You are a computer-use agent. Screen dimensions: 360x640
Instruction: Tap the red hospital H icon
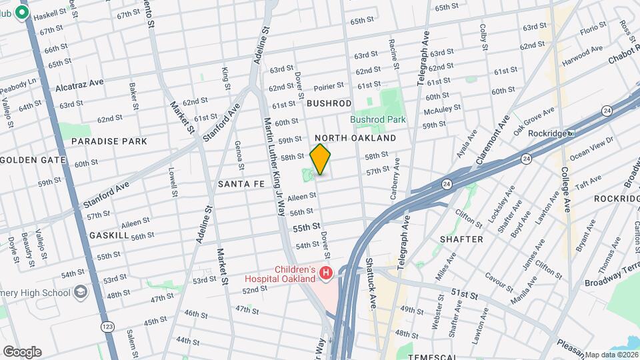click(x=326, y=273)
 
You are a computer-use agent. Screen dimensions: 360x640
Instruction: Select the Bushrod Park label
click(x=378, y=119)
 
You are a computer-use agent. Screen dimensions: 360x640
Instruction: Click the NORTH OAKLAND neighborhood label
click(x=355, y=138)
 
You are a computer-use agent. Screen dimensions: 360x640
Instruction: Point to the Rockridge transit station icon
click(x=571, y=133)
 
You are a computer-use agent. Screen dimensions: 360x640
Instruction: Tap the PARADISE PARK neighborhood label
click(x=109, y=141)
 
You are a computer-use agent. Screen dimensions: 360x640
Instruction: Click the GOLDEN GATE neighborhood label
click(x=33, y=160)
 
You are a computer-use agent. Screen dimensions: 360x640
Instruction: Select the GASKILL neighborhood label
click(x=109, y=236)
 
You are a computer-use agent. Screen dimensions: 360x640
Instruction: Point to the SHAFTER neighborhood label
click(x=461, y=239)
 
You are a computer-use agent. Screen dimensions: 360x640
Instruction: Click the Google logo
click(x=22, y=351)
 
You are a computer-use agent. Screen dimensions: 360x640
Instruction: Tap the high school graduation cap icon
click(x=81, y=292)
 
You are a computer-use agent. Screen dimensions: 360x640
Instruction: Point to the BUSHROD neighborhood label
click(x=329, y=103)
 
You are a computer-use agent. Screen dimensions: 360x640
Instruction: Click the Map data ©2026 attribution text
click(x=611, y=354)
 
